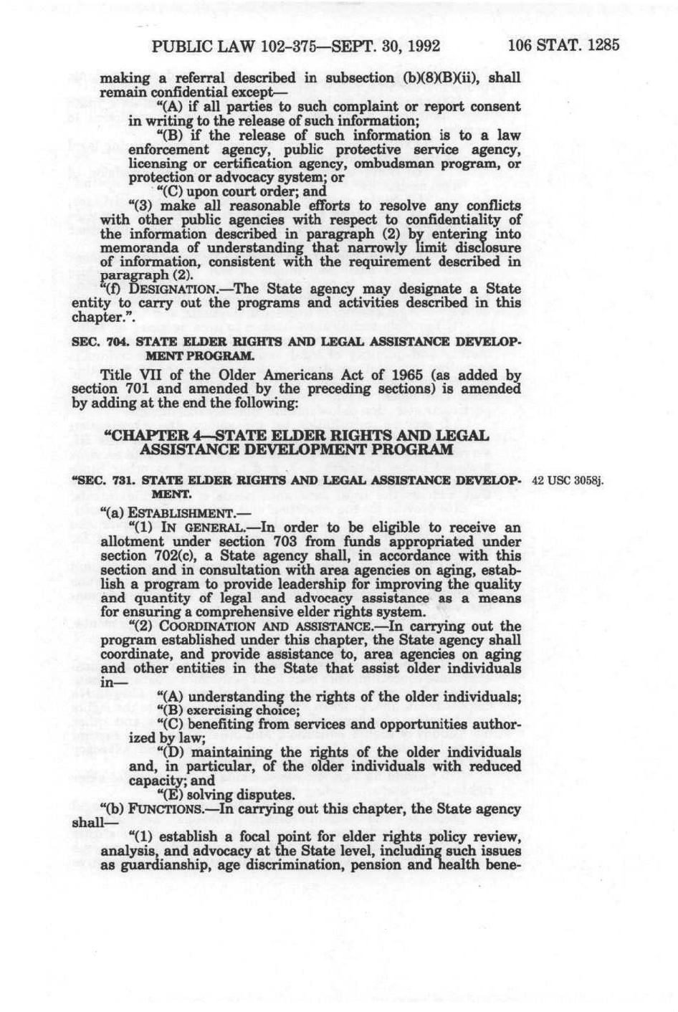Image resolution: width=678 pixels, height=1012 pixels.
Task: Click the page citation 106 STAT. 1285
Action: point(563,46)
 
